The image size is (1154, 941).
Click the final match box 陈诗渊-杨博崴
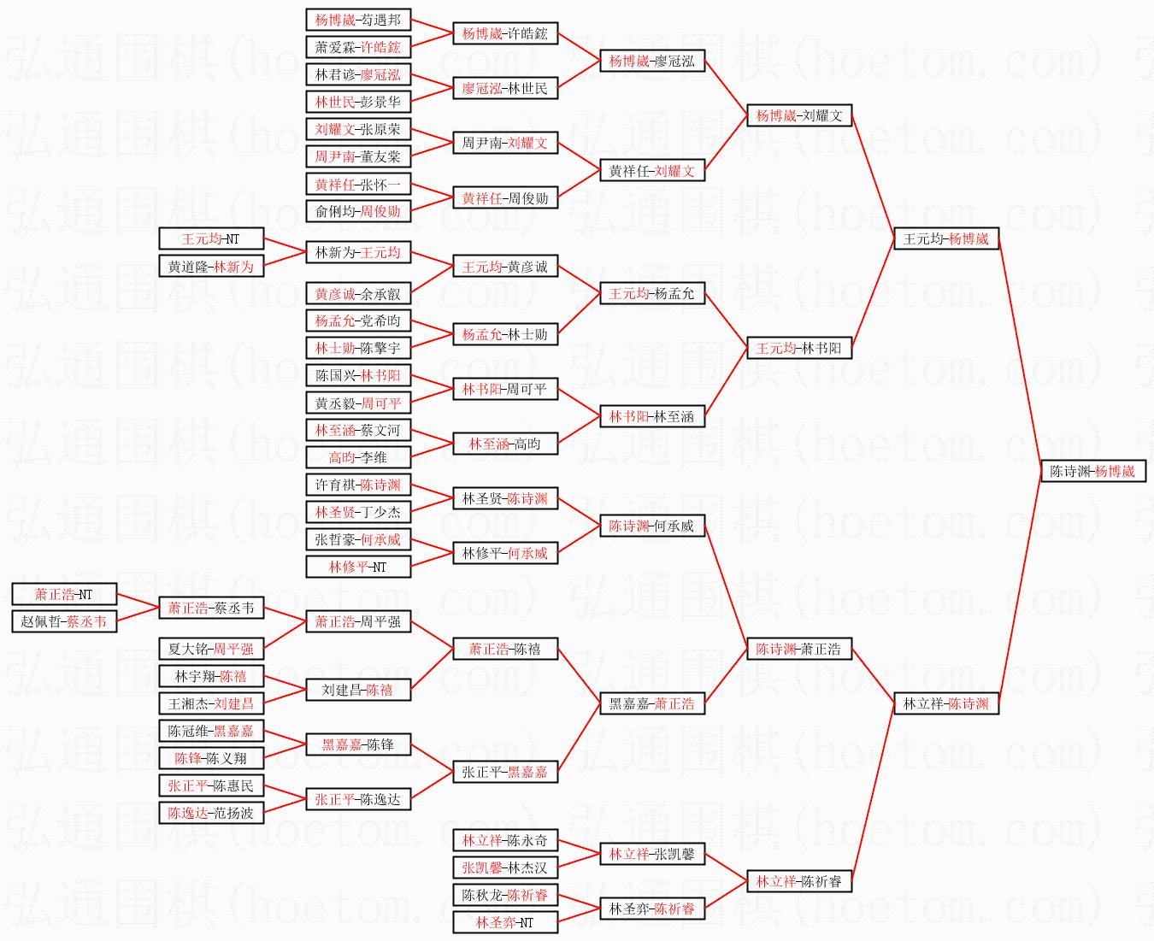(x=1092, y=471)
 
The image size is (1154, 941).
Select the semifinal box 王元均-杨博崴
(x=945, y=238)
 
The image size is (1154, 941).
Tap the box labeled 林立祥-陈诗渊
(x=945, y=703)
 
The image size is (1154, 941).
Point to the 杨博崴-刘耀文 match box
(x=798, y=115)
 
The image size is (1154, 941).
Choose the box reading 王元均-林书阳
(x=798, y=348)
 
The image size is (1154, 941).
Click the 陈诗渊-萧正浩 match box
(x=798, y=649)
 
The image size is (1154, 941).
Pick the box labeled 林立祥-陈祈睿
(x=798, y=881)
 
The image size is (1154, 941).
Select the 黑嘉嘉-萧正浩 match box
(x=651, y=703)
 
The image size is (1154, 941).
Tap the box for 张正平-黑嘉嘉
(x=504, y=772)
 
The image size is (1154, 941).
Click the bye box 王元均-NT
(x=210, y=238)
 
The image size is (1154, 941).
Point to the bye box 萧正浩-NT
(x=63, y=594)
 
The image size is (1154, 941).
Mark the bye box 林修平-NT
(x=357, y=567)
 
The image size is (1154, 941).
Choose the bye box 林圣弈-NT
(x=504, y=922)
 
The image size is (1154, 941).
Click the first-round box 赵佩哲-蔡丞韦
(x=63, y=621)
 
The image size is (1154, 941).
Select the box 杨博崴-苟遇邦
(x=357, y=20)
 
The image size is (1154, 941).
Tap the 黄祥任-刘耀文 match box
(x=651, y=171)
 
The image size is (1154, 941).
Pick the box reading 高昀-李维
(x=357, y=457)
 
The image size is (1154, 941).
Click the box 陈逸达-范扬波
(x=210, y=813)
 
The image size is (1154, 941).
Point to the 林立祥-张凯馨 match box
(x=651, y=854)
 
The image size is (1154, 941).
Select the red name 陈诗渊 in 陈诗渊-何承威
(x=629, y=526)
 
